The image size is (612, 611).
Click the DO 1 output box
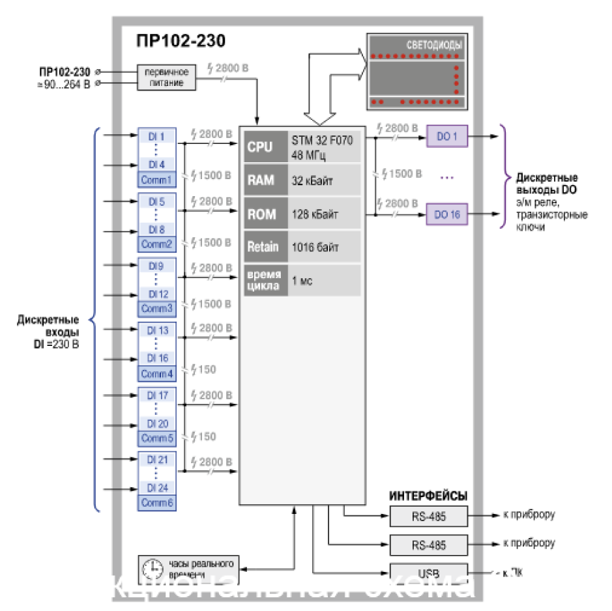click(x=447, y=137)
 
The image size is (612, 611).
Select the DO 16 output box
click(x=447, y=214)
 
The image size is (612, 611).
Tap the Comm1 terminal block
click(x=157, y=180)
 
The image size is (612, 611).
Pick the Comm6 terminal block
click(x=157, y=503)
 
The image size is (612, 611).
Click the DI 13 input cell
click(x=158, y=330)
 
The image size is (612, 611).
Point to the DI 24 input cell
click(x=158, y=487)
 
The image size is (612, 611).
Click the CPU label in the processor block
click(x=259, y=147)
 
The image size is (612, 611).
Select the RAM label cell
click(x=259, y=180)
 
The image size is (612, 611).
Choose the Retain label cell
click(x=263, y=247)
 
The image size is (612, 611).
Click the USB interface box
click(x=429, y=573)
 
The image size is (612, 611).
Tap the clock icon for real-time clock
click(x=153, y=569)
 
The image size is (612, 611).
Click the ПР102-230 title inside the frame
click(x=181, y=42)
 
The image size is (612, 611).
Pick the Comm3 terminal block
click(x=157, y=309)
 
